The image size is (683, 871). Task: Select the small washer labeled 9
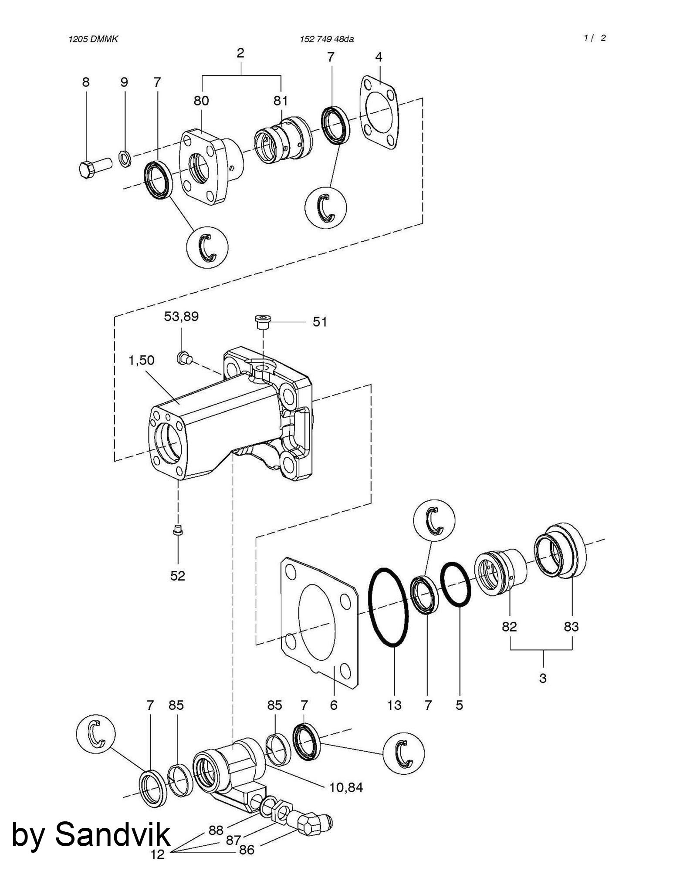click(125, 159)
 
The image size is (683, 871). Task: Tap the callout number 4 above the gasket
click(379, 57)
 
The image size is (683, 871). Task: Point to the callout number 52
click(178, 576)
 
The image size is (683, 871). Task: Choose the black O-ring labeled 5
click(456, 584)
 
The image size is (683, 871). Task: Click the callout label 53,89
click(181, 316)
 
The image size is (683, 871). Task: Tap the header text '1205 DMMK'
click(93, 39)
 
